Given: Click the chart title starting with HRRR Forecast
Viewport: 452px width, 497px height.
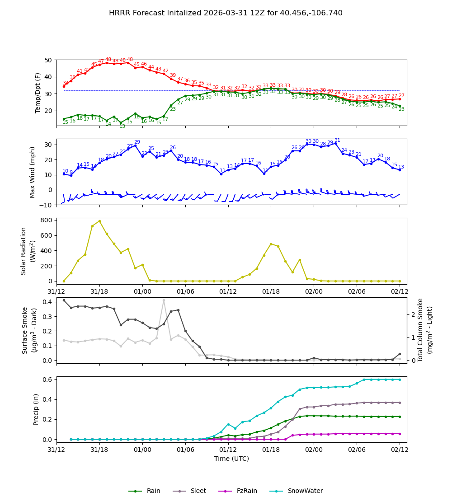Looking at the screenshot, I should (226, 13).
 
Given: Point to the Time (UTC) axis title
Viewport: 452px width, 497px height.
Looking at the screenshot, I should (231, 459).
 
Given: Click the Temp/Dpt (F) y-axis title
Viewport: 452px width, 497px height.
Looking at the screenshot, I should (38, 93).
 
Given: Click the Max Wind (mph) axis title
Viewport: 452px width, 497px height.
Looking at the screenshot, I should (33, 172).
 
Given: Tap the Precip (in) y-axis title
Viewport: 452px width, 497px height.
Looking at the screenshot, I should (37, 409).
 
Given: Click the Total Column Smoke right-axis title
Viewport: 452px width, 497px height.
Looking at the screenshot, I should (425, 330).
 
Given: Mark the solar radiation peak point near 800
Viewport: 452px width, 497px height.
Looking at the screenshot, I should (99, 221).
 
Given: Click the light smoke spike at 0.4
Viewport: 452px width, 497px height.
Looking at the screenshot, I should (164, 300).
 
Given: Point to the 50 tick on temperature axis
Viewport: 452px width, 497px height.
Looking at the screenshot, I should (47, 60).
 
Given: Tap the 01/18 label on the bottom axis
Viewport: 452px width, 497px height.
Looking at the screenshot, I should (270, 450).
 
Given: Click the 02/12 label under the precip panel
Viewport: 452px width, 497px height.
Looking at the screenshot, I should (399, 450).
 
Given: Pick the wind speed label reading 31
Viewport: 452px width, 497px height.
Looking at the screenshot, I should (337, 141).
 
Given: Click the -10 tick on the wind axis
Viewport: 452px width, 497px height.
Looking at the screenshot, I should (46, 205).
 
